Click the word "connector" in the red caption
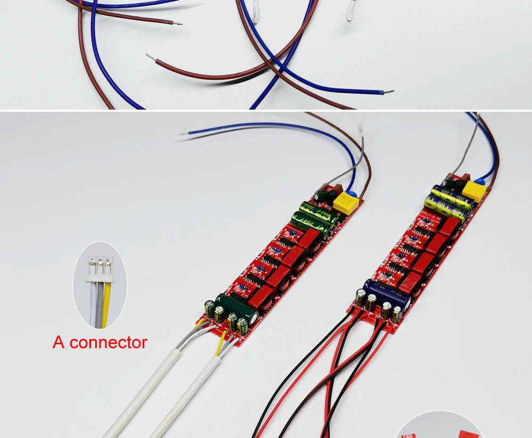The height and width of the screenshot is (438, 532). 108,342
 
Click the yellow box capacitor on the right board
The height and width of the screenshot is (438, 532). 475,189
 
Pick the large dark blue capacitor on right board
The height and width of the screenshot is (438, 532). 387,294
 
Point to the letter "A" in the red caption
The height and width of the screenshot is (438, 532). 58,342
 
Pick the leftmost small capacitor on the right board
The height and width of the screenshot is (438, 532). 361,298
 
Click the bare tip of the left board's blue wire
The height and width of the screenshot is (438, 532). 184,134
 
